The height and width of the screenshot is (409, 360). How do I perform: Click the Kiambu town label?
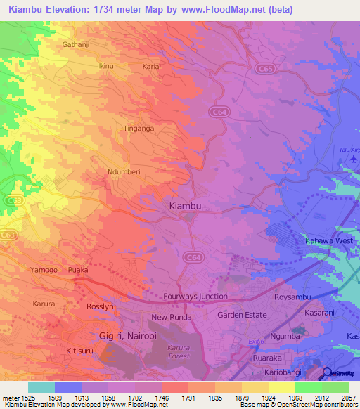186,206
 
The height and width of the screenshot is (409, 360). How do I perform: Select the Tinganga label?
139,129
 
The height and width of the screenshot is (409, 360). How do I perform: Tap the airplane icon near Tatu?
353,160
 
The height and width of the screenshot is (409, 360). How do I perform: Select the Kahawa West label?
328,241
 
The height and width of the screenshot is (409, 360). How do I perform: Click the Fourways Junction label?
195,297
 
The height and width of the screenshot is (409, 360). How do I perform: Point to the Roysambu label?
292,297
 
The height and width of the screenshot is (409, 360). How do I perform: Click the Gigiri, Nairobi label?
127,337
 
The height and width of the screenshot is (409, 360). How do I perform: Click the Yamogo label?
44,269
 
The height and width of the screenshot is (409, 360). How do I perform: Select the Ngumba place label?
291,335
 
